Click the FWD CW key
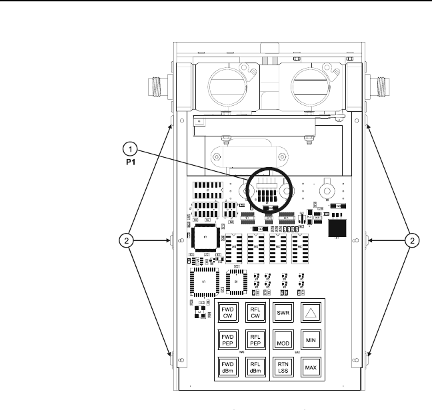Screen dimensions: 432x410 coord(227,312)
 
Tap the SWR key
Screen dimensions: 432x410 coord(283,312)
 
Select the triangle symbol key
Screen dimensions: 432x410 coord(310,312)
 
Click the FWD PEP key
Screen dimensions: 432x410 coord(227,340)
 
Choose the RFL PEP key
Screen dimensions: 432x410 coord(255,340)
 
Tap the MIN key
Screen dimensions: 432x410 coord(310,340)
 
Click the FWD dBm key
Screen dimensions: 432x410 coord(227,367)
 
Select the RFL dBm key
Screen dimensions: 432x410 coord(255,367)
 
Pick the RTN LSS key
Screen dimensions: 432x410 coord(283,367)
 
